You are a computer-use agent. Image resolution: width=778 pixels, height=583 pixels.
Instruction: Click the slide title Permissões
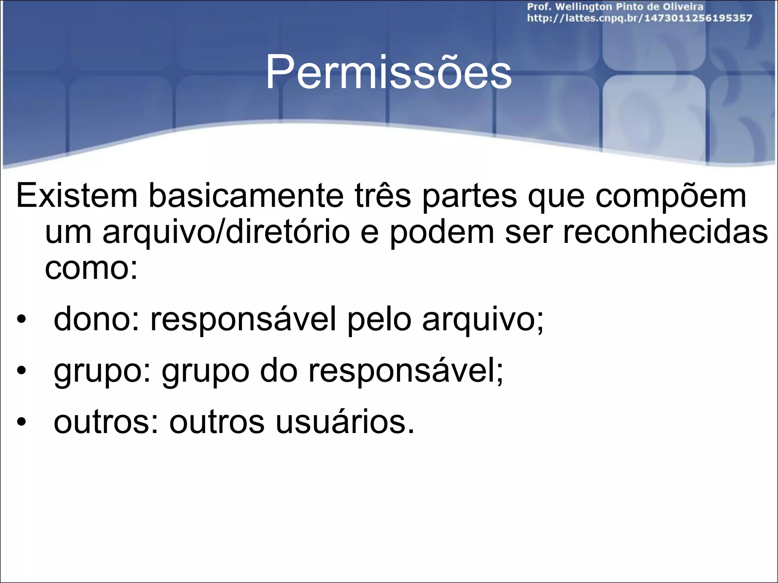pyautogui.click(x=388, y=72)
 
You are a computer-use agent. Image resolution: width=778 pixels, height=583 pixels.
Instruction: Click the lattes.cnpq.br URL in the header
pyautogui.click(x=639, y=18)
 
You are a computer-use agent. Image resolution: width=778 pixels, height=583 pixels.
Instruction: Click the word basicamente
pyautogui.click(x=246, y=196)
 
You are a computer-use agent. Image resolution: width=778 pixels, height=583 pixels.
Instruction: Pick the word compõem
pyautogui.click(x=670, y=196)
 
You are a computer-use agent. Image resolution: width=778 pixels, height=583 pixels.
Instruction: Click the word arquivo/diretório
pyautogui.click(x=226, y=232)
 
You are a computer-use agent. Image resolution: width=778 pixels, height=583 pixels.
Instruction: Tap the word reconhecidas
pyautogui.click(x=665, y=232)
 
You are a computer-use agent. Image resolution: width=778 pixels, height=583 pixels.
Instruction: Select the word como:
pyautogui.click(x=91, y=268)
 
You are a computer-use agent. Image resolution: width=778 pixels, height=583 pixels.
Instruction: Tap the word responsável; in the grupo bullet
pyautogui.click(x=405, y=371)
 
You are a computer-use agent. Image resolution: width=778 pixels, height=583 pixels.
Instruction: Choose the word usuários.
pyautogui.click(x=345, y=422)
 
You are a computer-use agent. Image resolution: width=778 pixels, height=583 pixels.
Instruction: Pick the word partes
pyautogui.click(x=470, y=196)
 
